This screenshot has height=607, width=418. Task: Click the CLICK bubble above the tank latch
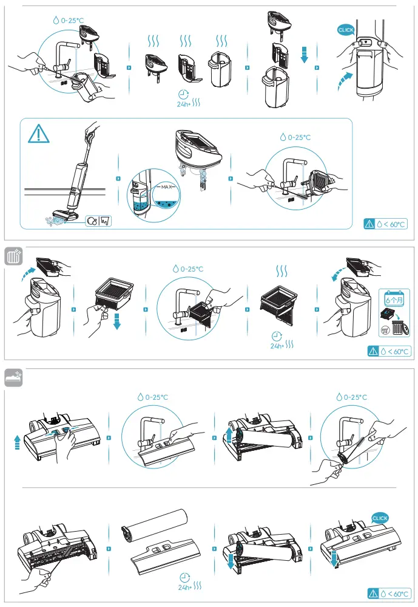click(x=346, y=29)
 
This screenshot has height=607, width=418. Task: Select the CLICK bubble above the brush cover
click(x=380, y=518)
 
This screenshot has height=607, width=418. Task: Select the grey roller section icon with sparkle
click(x=13, y=377)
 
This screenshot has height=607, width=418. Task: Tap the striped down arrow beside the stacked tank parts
click(x=305, y=55)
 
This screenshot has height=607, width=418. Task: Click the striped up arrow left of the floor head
click(x=17, y=442)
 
